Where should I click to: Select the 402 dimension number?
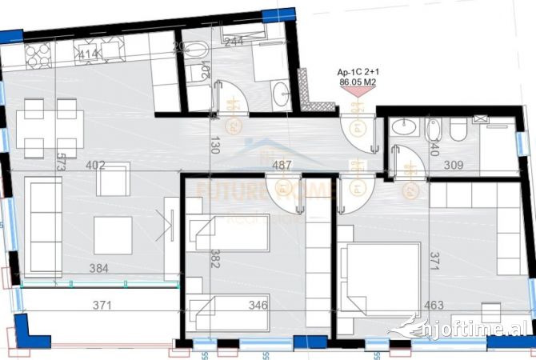click(x=96, y=166)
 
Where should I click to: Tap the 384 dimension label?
click(x=99, y=269)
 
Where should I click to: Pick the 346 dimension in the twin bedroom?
click(x=257, y=305)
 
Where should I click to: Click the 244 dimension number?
click(x=234, y=42)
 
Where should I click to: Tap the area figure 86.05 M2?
click(x=358, y=82)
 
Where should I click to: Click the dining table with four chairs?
click(x=50, y=128)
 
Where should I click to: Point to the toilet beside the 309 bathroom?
click(x=458, y=130)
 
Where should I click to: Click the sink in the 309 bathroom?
click(x=405, y=127)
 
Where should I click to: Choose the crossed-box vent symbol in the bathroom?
click(x=481, y=119)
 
